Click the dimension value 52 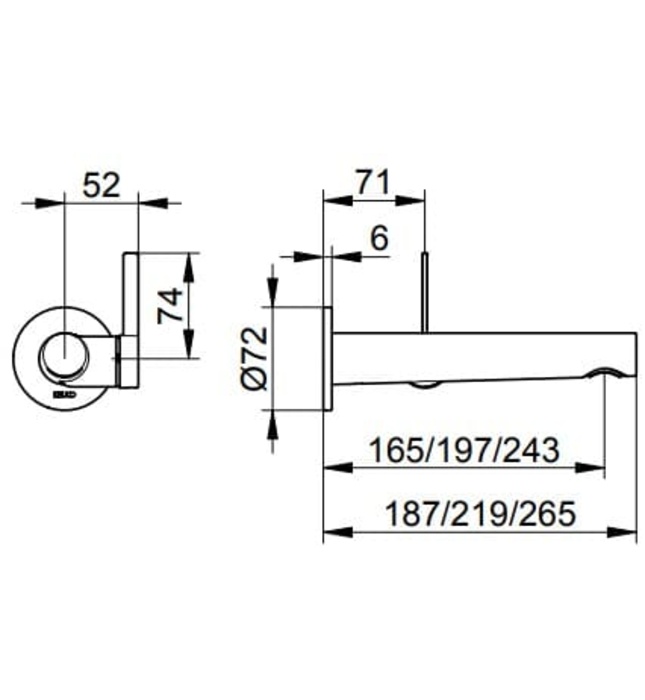click(x=101, y=184)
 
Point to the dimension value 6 click(x=378, y=238)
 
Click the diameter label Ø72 click(x=252, y=357)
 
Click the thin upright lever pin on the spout click(x=426, y=293)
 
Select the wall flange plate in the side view click(x=326, y=357)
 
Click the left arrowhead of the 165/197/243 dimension click(x=331, y=466)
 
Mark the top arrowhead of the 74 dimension click(x=190, y=259)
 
